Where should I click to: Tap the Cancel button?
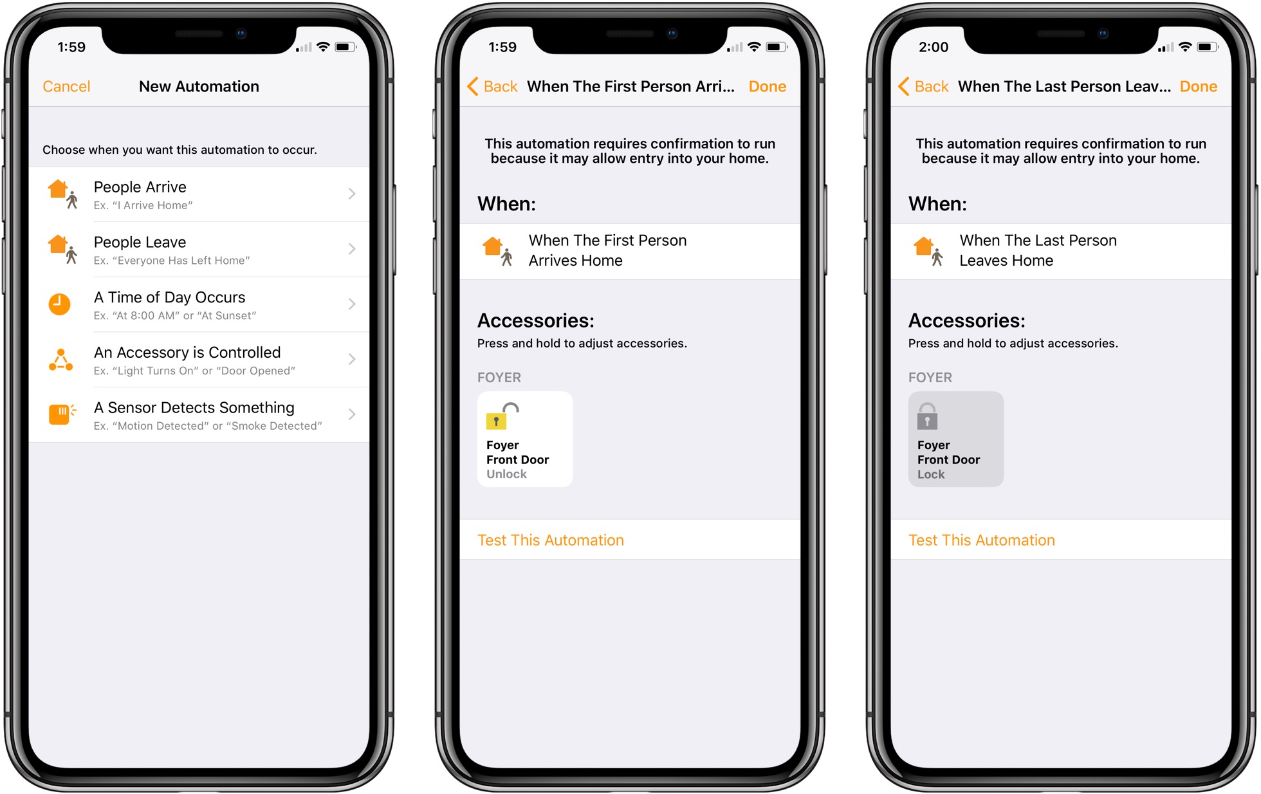pos(66,86)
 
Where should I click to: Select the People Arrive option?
pos(140,187)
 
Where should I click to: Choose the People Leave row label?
pos(140,243)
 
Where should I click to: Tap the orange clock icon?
pos(60,304)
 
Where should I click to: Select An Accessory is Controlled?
pos(187,353)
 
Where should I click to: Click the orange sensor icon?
pos(60,414)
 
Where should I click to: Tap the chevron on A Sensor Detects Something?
pos(352,414)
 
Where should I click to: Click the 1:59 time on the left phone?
pos(71,47)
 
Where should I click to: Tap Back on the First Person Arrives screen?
pos(493,86)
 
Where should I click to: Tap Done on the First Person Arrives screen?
pos(767,86)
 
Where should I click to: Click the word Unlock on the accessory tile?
pos(506,474)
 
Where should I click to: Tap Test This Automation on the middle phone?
pos(551,540)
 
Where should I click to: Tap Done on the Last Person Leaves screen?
pos(1198,86)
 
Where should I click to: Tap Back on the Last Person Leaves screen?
pos(924,86)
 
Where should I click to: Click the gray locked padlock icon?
pos(927,417)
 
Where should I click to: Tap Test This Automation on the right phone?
pos(982,540)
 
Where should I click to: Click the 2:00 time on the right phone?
pos(934,47)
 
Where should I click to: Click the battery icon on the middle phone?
pos(776,47)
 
